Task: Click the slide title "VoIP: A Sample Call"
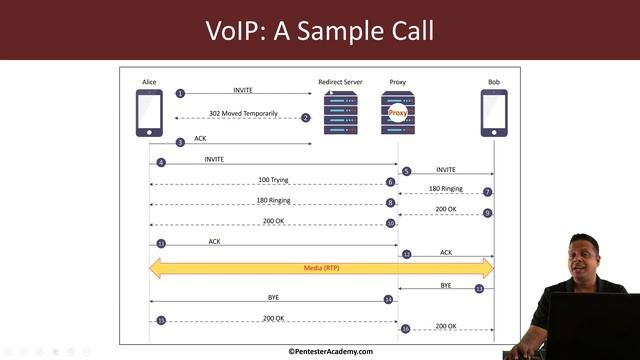(x=320, y=30)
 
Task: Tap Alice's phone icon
(x=149, y=113)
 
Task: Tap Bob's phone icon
(x=494, y=113)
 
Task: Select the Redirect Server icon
(x=340, y=113)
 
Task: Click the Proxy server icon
(x=398, y=113)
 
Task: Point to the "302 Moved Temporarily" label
(x=243, y=114)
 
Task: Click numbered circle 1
(x=181, y=93)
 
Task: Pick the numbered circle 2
(x=306, y=118)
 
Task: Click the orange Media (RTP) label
(x=321, y=268)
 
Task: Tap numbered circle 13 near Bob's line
(x=479, y=289)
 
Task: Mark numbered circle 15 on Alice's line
(x=160, y=320)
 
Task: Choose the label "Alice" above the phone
(x=150, y=81)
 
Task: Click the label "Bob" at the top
(x=494, y=81)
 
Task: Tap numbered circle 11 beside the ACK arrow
(x=160, y=243)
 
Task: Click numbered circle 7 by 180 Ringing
(x=487, y=192)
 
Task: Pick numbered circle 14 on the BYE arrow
(x=388, y=300)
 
